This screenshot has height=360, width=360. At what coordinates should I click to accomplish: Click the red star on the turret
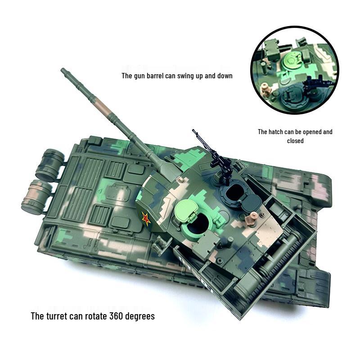pos(146,219)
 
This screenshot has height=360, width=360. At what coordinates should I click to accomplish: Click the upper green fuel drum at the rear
pos(50,164)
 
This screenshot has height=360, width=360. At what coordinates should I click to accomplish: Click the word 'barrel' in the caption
pos(164,76)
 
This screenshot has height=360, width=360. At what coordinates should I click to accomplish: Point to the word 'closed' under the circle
pos(295,141)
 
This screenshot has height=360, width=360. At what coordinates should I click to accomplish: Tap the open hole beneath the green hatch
pos(198,224)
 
